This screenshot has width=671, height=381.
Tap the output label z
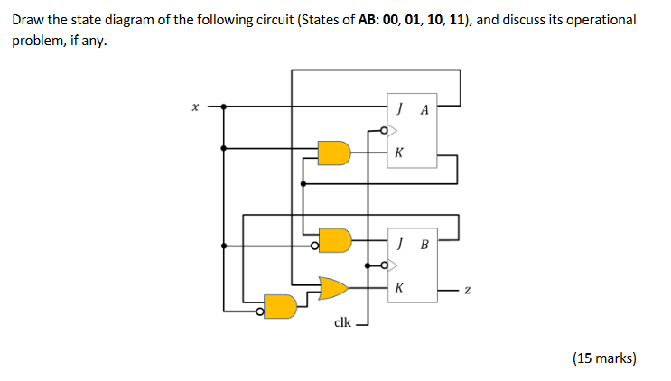point(467,290)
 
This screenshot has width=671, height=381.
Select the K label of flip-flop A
point(398,153)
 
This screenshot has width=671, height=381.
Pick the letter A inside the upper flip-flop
point(424,110)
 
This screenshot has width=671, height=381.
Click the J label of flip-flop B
point(398,242)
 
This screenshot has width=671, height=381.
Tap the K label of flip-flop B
point(398,288)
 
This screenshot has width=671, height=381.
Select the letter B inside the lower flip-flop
point(424,243)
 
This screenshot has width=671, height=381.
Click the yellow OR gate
point(334,288)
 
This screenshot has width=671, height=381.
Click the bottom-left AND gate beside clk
point(281,307)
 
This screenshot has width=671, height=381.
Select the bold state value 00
point(391,19)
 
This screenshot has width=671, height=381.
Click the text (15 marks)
point(604,358)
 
